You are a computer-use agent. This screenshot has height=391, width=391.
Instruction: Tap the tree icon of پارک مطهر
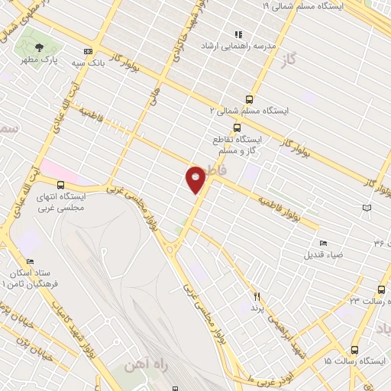pos(38,47)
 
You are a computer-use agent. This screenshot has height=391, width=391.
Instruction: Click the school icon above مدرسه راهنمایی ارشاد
pos(238,34)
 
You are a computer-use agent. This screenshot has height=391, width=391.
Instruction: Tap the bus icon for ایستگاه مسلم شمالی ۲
pos(250,99)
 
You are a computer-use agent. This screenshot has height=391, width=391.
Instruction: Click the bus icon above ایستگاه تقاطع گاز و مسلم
pos(238,128)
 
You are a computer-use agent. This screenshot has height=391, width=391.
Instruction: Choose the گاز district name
pos(288,59)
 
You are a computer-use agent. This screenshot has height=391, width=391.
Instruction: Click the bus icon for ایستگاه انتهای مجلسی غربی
pos(61,184)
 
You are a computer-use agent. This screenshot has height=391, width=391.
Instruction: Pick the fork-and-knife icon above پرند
pos(257,296)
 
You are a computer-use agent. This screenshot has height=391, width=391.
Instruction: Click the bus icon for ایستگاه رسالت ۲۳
pos(381,289)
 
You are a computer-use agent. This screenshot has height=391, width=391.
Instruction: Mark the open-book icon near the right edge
pos(367,208)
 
